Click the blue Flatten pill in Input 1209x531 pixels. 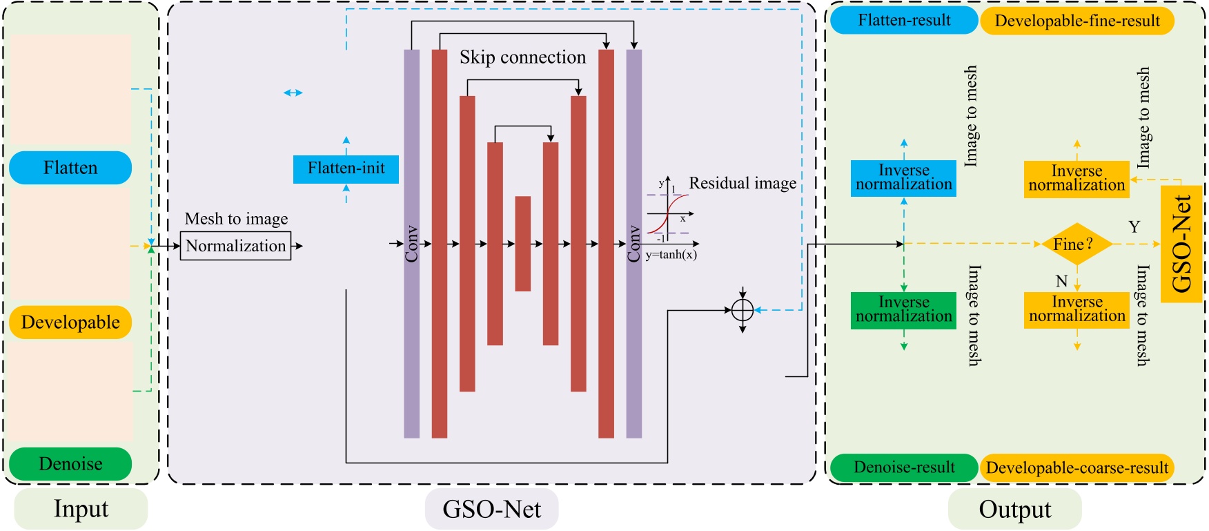point(70,168)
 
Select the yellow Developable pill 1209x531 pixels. point(70,322)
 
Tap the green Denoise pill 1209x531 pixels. point(70,464)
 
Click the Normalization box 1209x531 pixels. point(235,246)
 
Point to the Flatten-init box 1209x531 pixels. point(346,169)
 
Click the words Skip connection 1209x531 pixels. point(522,57)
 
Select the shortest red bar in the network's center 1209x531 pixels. point(523,244)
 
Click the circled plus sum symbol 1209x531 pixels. point(743,311)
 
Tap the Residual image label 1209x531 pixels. point(743,183)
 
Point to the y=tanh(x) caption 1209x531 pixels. point(671,255)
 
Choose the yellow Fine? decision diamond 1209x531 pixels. point(1077,244)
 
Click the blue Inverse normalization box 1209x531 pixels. point(904,178)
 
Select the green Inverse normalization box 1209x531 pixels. point(904,310)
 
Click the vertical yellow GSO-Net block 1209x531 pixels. point(1181,244)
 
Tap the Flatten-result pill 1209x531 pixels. point(904,21)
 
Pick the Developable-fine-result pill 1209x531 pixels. point(1077,21)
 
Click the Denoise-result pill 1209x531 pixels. point(904,467)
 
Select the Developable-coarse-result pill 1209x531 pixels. point(1077,467)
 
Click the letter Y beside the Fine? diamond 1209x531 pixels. point(1134,226)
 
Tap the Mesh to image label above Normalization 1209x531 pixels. point(236,219)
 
